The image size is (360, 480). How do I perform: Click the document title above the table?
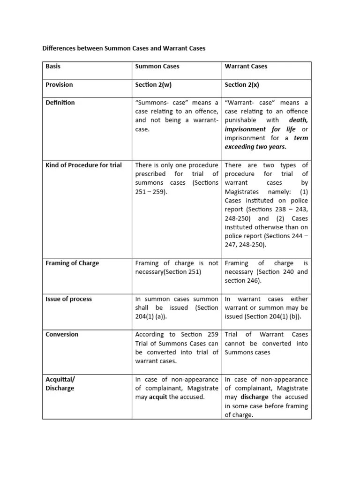124,48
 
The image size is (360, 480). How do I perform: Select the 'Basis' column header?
53,66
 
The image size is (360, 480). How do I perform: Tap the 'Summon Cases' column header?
157,66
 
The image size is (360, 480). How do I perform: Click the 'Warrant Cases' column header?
246,66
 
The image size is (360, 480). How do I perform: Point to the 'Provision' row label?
60,84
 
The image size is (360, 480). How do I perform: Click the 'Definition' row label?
60,102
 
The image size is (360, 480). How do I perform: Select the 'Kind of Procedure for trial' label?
83,165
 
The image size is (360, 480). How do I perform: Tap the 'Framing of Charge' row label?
72,263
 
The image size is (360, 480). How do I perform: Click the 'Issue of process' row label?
68,299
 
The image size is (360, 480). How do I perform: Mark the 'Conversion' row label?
62,334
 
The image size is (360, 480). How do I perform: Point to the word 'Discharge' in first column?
60,388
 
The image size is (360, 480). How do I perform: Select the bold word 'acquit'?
158,397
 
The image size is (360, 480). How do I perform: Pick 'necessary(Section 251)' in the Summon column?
168,272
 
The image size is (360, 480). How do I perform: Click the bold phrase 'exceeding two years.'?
255,147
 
